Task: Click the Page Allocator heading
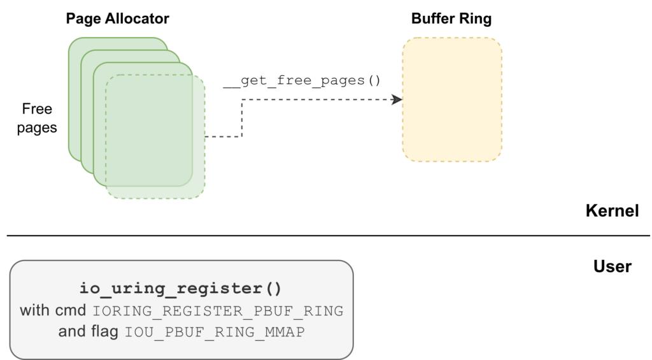(x=118, y=18)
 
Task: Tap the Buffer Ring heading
(x=451, y=18)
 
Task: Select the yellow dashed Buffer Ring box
(x=452, y=99)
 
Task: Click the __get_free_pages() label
(x=302, y=80)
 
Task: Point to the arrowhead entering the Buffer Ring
(x=397, y=99)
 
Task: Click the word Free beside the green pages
(x=37, y=109)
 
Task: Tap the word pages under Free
(x=37, y=128)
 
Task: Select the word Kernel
(x=612, y=211)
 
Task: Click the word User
(x=613, y=266)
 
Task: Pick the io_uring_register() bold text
(x=181, y=289)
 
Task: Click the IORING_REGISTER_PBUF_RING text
(x=218, y=311)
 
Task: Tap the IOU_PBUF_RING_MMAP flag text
(x=215, y=332)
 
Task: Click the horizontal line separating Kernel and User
(x=328, y=236)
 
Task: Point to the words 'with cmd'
(x=53, y=310)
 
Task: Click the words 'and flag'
(x=88, y=332)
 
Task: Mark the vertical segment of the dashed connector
(x=242, y=118)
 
